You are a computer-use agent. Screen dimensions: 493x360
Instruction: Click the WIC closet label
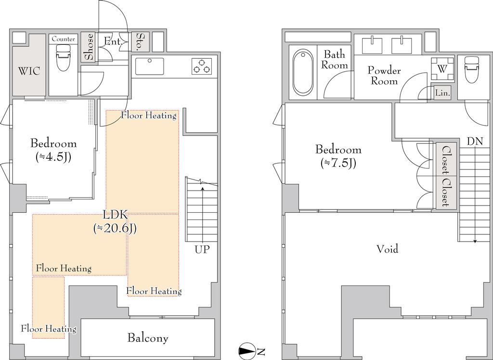[29, 71]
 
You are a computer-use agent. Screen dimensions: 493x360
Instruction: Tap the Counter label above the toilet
[63, 39]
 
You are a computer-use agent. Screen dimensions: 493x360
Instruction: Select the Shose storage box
[89, 47]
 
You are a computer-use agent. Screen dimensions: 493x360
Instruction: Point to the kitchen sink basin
[150, 66]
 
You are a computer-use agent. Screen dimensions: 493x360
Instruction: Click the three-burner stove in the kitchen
[202, 66]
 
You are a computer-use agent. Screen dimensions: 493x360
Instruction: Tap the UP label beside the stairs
[202, 250]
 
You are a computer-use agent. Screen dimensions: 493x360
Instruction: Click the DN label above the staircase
[475, 141]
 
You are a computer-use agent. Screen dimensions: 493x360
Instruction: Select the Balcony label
[148, 338]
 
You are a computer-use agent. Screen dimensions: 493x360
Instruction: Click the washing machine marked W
[442, 69]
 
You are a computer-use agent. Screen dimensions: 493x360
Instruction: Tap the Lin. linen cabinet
[443, 93]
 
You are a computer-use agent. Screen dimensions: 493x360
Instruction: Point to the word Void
[388, 249]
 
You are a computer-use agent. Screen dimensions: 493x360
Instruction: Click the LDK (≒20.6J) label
[115, 222]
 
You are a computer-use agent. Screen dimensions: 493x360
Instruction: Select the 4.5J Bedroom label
[53, 150]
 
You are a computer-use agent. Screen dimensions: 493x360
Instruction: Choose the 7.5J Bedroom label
[338, 155]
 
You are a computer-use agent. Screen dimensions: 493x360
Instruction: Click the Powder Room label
[384, 76]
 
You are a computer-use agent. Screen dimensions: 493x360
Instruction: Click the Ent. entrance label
[113, 41]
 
